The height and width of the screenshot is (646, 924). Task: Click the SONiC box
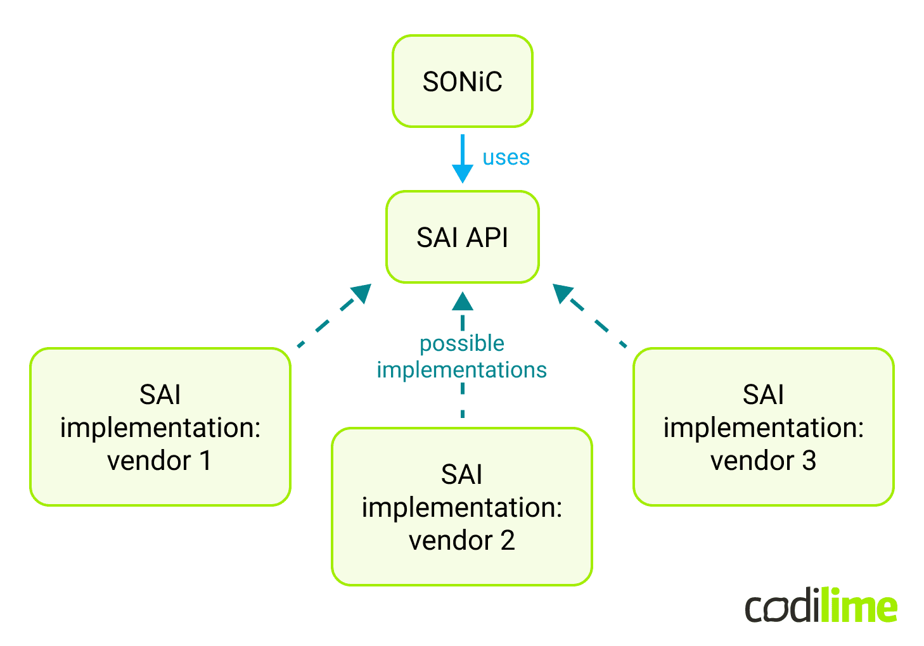point(462,81)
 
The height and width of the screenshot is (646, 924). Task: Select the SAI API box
point(462,237)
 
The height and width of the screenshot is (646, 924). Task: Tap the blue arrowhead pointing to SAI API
point(462,172)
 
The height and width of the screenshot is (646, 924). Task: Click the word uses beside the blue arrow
point(506,157)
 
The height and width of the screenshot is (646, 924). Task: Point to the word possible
point(462,343)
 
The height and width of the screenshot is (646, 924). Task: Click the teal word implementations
point(462,370)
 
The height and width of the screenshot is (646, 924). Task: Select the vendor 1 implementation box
point(160,426)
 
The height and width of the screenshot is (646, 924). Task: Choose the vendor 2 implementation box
point(462,506)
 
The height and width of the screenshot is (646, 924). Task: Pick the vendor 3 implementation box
point(763,426)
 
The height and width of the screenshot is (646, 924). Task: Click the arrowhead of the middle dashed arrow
point(463,301)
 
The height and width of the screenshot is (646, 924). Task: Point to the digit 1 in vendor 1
point(205,460)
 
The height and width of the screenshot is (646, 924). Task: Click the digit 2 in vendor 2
point(507,540)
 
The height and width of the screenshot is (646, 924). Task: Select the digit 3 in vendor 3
point(809,460)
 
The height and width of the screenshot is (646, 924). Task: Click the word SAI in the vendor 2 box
point(462,474)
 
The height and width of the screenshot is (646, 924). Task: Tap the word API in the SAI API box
point(487,237)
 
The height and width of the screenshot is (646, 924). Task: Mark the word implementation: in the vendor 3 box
point(763,427)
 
